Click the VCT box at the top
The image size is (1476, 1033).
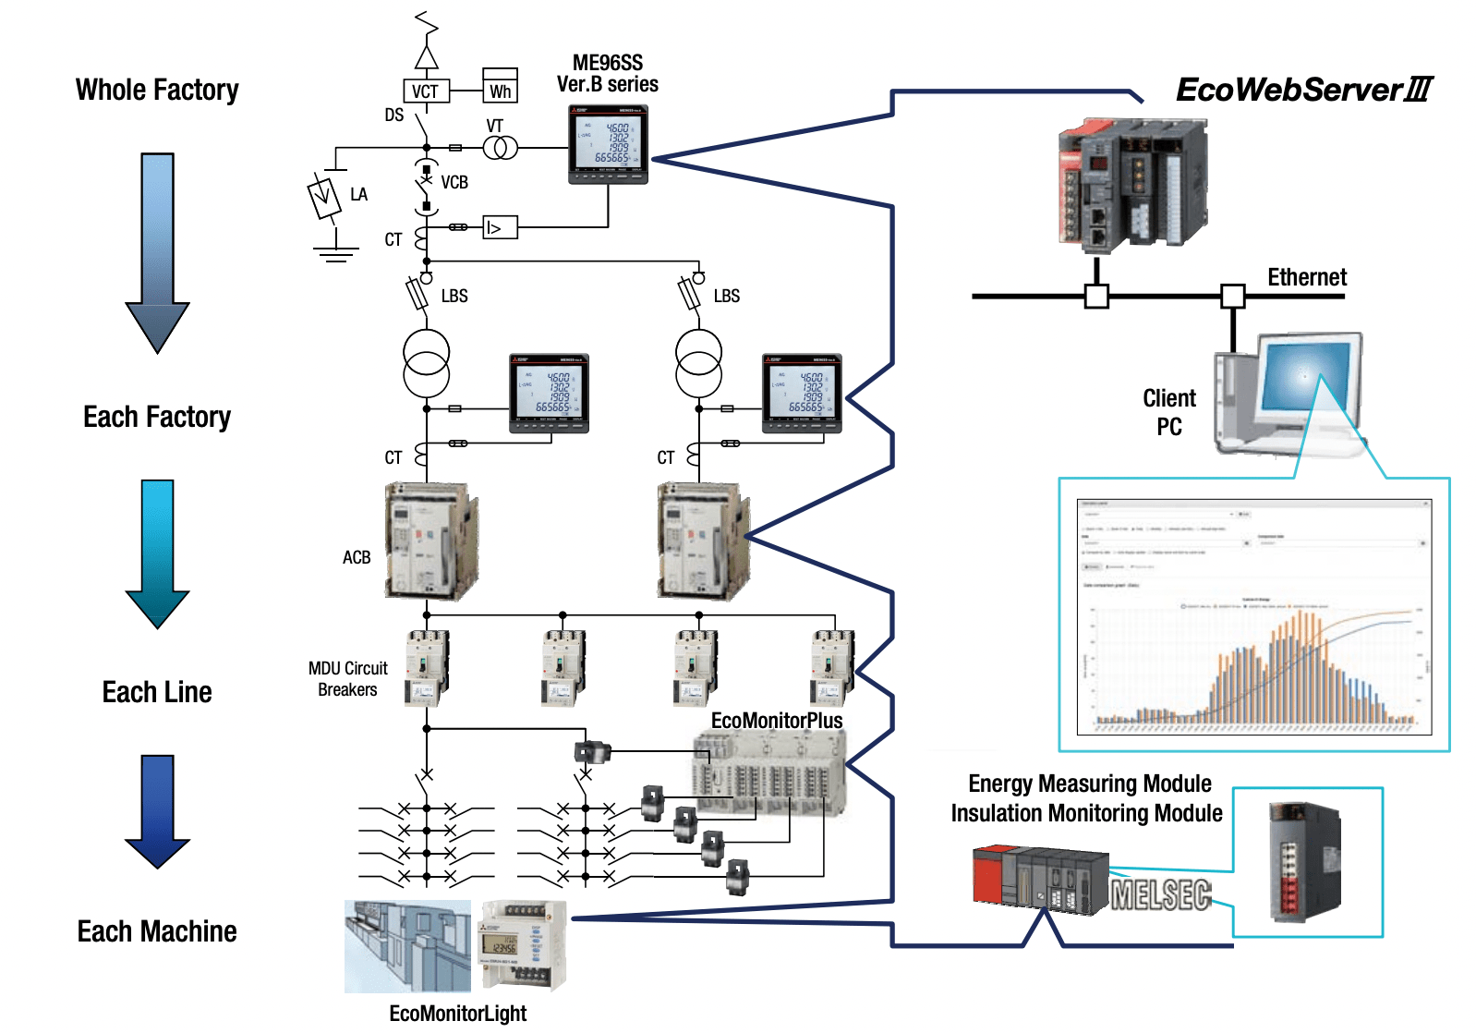[x=426, y=91]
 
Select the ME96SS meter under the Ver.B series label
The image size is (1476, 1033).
[x=608, y=144]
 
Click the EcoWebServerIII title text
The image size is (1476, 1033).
[x=1303, y=90]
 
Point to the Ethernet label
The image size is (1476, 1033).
[x=1306, y=277]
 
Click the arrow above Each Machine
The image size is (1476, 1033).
[x=158, y=810]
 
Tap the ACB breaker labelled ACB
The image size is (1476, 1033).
[x=430, y=541]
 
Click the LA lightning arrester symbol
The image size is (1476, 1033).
[x=324, y=197]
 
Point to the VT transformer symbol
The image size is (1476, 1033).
[x=500, y=147]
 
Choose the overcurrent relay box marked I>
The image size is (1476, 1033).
[x=500, y=227]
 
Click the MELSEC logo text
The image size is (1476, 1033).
[x=1161, y=894]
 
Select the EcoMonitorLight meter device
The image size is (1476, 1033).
[x=522, y=945]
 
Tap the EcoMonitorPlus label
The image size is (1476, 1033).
[x=777, y=721]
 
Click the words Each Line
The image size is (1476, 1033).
[x=157, y=692]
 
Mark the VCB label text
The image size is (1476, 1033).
[x=454, y=182]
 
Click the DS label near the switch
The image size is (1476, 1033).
[x=394, y=115]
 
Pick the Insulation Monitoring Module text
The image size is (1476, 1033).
[x=1086, y=813]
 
